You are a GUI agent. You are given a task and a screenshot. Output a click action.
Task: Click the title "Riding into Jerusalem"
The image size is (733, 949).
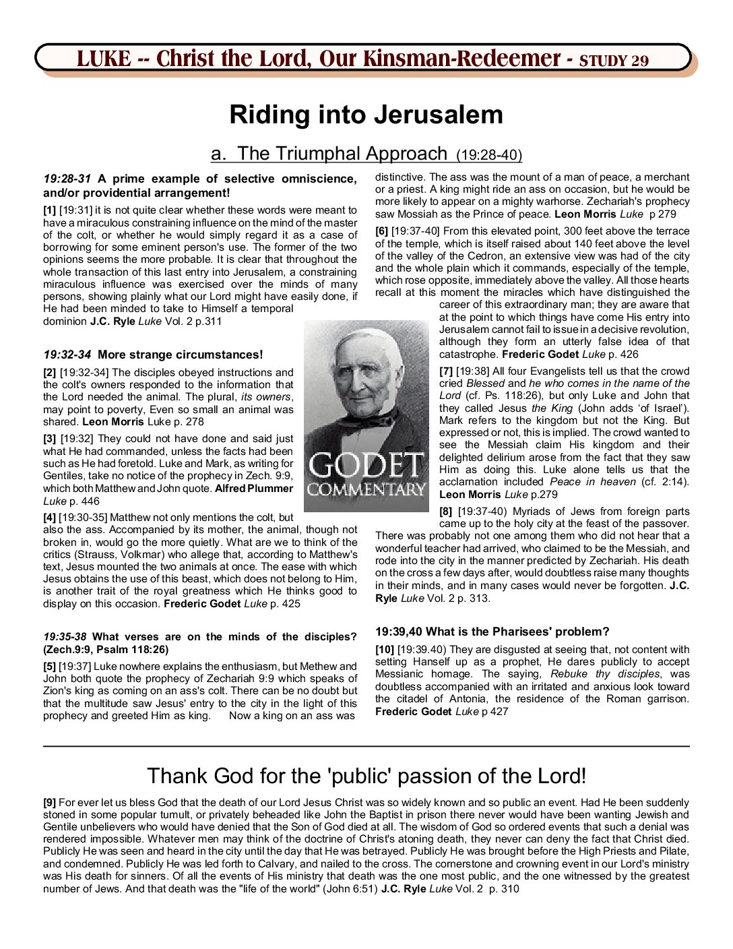(366, 115)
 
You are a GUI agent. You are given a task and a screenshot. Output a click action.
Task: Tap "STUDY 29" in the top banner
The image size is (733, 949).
(614, 61)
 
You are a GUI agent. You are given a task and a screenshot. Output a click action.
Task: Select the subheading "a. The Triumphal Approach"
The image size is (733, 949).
(328, 154)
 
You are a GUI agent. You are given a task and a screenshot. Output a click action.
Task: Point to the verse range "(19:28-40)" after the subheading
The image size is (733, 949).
(489, 155)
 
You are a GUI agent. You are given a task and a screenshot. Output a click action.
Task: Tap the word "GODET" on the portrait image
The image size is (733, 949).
(366, 465)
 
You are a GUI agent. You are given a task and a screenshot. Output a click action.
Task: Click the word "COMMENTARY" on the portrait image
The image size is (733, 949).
(366, 489)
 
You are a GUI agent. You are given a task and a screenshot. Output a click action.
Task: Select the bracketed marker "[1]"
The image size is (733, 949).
(50, 210)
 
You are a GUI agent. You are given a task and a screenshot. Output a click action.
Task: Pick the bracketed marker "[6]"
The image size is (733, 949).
(381, 231)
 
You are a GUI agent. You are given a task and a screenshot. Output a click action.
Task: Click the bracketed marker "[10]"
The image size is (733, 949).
(385, 650)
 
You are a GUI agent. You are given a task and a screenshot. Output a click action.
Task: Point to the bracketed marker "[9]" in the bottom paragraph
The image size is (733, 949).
(50, 802)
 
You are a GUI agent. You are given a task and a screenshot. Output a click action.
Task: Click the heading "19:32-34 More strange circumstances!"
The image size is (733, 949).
(153, 355)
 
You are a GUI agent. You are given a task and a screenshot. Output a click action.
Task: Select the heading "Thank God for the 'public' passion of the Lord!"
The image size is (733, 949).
(366, 776)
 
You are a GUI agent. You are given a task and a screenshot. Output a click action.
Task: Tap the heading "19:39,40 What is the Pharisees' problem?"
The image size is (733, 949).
(492, 632)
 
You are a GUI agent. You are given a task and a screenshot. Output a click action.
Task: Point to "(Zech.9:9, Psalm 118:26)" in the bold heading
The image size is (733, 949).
(106, 650)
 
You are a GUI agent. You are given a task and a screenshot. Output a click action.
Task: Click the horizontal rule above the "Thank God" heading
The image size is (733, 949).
(366, 746)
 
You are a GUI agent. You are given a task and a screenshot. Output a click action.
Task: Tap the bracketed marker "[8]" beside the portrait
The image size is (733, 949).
(446, 512)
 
